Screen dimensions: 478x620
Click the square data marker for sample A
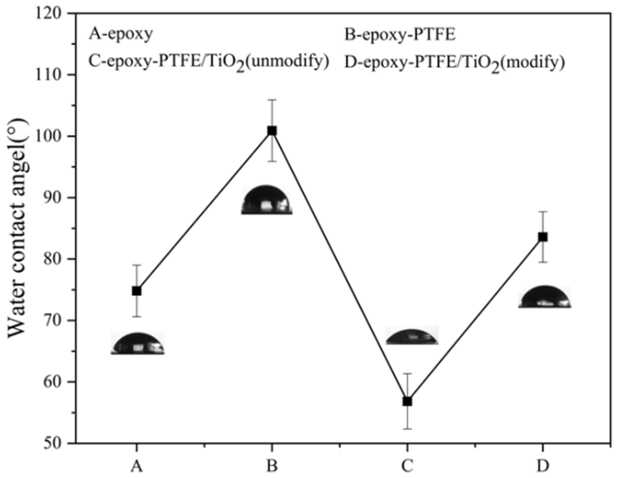pos(137,291)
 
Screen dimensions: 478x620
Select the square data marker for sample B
pos(272,131)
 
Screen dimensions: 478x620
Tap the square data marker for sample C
pos(407,402)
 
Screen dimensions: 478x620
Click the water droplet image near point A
pos(138,344)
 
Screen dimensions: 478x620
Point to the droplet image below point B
pos(267,200)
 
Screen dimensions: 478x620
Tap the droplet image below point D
pos(545,297)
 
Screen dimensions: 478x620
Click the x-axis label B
pos(272,466)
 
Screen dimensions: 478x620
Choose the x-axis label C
pos(407,466)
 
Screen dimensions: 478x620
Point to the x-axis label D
pos(543,466)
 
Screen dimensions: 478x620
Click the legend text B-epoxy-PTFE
pos(400,34)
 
